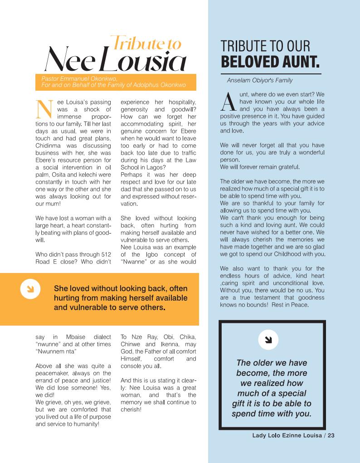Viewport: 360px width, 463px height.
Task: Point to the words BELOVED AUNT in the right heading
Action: click(x=270, y=61)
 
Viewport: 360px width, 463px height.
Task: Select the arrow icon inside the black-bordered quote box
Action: click(x=268, y=340)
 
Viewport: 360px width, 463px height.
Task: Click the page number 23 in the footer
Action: click(x=331, y=436)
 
